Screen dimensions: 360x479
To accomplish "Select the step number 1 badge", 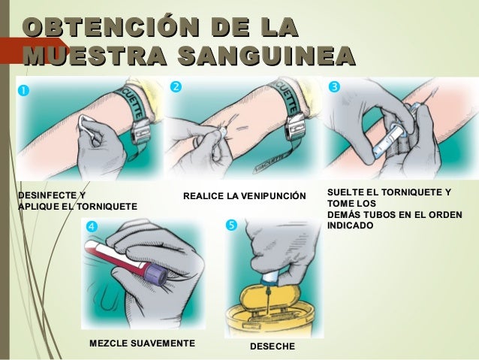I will coord(23,90).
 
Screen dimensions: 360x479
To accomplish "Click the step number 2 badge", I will coord(176,86).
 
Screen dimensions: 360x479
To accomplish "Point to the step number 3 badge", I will coord(334,86).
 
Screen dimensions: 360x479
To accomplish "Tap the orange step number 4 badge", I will coord(92,225).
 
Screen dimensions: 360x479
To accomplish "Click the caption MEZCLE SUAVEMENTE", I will coord(142,343).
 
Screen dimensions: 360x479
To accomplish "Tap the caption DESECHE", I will coord(273,348).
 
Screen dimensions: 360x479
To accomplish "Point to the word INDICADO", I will coord(350,225).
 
